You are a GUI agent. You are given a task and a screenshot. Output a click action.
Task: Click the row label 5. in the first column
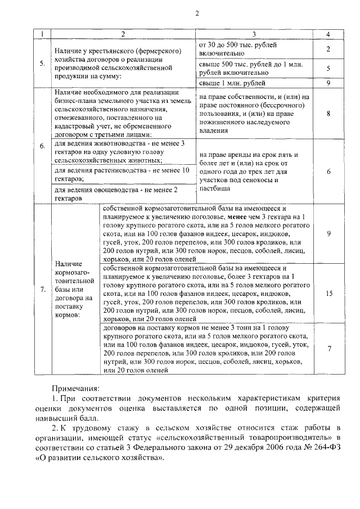pyautogui.click(x=43, y=63)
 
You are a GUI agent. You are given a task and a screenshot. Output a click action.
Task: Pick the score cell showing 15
pyautogui.click(x=329, y=293)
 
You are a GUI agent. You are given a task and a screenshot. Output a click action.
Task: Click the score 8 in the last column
pyautogui.click(x=329, y=113)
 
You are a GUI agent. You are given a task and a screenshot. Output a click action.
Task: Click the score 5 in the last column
pyautogui.click(x=329, y=68)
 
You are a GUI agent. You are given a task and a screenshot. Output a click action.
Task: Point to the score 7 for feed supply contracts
pyautogui.click(x=329, y=349)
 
